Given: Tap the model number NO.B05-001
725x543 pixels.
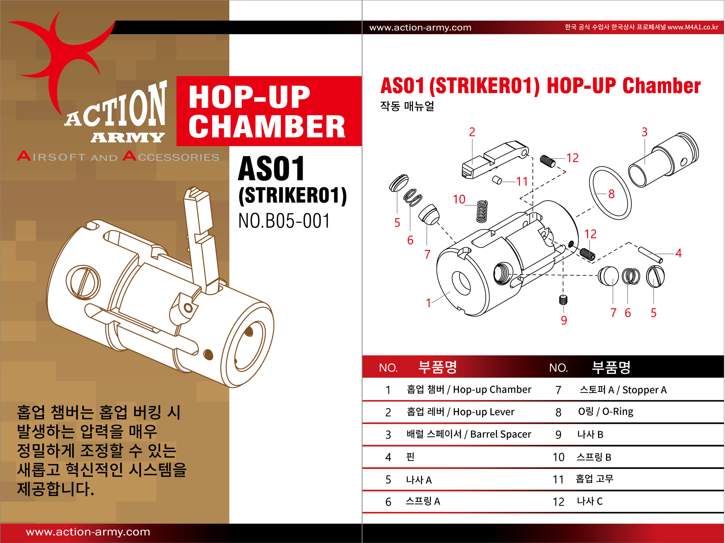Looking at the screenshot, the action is pyautogui.click(x=284, y=221).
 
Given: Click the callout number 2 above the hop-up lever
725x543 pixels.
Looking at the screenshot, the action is pyautogui.click(x=472, y=132).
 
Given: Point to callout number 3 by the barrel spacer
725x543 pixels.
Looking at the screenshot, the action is pyautogui.click(x=645, y=132).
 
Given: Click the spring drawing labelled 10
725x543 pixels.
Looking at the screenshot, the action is pyautogui.click(x=482, y=211).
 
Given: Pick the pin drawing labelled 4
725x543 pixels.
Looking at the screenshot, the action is pyautogui.click(x=651, y=255).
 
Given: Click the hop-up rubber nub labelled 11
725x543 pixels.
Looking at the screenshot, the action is pyautogui.click(x=497, y=180).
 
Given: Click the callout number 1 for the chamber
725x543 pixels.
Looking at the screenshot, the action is pyautogui.click(x=428, y=303).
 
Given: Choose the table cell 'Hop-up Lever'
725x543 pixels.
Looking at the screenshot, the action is pyautogui.click(x=484, y=412).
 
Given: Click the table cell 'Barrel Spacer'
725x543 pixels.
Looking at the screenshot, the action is pyautogui.click(x=500, y=434).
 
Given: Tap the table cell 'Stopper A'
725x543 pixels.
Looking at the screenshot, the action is pyautogui.click(x=645, y=390).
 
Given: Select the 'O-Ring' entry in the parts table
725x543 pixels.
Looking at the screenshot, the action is pyautogui.click(x=617, y=412).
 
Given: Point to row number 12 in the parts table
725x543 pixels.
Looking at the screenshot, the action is pyautogui.click(x=558, y=502).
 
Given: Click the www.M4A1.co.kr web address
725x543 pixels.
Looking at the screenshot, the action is pyautogui.click(x=693, y=27).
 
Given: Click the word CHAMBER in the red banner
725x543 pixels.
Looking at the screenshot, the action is pyautogui.click(x=267, y=126).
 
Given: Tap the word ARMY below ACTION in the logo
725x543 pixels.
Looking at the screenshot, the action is pyautogui.click(x=127, y=137).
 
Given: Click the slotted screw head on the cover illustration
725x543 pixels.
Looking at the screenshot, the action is pyautogui.click(x=83, y=282).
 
